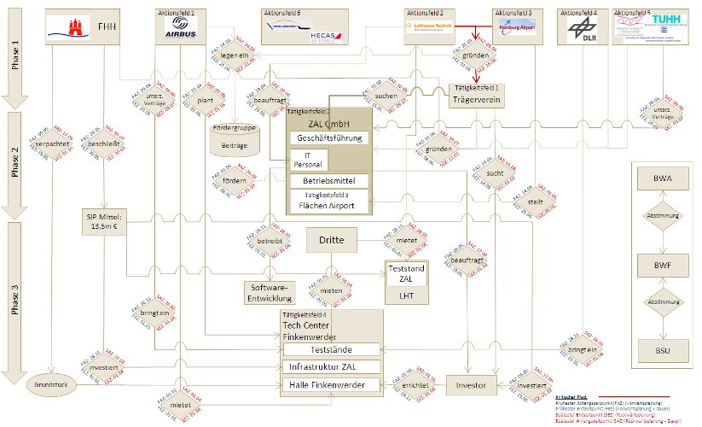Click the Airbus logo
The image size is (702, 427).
click(182, 31)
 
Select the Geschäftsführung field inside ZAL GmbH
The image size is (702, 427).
click(329, 137)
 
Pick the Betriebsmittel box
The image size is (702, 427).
click(329, 180)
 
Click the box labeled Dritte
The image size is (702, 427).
click(332, 241)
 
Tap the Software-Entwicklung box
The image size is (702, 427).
click(269, 292)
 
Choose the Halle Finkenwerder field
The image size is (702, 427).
click(332, 386)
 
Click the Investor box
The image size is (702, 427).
click(471, 386)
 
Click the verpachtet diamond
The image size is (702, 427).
click(53, 144)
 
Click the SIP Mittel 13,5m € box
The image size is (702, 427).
click(104, 220)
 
